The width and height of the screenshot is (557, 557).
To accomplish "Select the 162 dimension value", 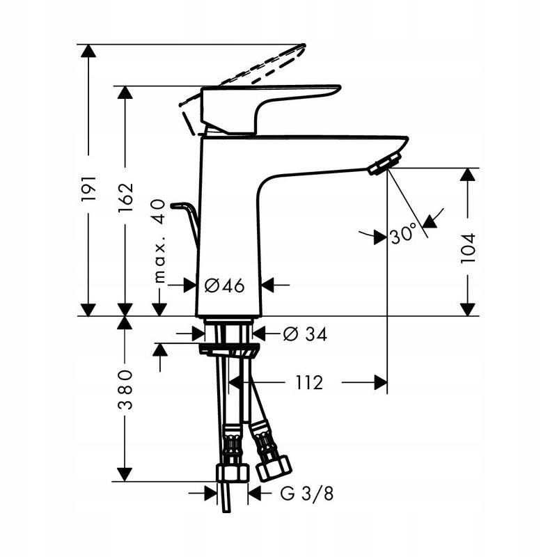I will (x=125, y=199).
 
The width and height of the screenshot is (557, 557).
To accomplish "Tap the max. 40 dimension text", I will (x=159, y=240).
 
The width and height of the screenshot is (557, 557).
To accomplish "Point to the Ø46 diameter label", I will (x=225, y=285).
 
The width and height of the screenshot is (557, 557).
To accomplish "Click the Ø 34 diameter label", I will (x=304, y=334).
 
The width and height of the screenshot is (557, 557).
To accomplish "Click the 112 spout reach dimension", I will (x=308, y=382).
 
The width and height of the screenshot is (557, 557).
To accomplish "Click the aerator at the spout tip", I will (x=381, y=166).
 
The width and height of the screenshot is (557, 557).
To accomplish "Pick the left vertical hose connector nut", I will (x=232, y=473).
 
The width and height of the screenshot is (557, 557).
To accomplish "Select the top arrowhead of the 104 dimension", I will (x=468, y=175).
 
